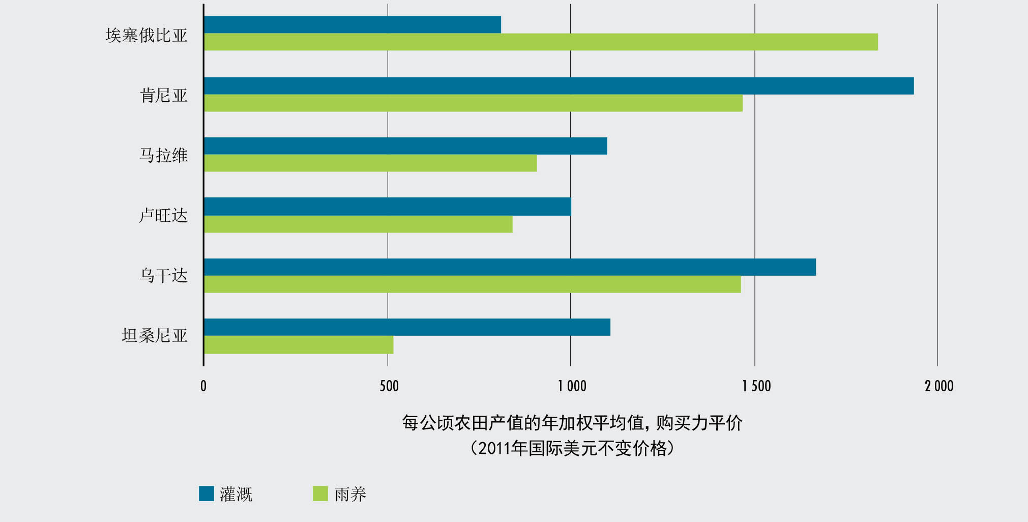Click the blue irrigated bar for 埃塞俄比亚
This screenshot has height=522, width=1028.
(x=352, y=25)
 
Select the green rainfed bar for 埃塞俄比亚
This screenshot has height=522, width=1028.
(x=541, y=42)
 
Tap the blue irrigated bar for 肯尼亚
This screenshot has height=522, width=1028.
(x=559, y=86)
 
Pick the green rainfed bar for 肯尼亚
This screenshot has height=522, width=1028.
(x=473, y=103)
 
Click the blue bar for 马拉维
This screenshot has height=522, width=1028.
(x=405, y=146)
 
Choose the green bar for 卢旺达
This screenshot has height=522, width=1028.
(x=358, y=224)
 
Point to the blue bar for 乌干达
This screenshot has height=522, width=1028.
(x=510, y=267)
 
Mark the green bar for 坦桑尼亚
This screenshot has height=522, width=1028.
(x=299, y=345)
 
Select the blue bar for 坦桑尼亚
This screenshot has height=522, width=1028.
(x=407, y=327)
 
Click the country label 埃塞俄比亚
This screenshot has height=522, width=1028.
(x=146, y=35)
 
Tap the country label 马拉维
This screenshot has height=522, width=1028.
(x=164, y=155)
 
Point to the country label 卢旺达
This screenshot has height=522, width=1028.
(x=164, y=216)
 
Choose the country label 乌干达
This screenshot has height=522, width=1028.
(x=164, y=276)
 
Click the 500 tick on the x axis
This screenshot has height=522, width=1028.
(x=389, y=386)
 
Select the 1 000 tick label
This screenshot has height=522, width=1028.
(x=572, y=386)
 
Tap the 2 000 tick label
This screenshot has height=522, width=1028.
(x=939, y=386)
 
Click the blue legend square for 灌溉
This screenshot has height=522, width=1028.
(x=207, y=494)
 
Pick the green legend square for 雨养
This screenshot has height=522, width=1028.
(x=320, y=494)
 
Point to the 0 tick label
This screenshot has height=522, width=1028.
(x=203, y=386)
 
